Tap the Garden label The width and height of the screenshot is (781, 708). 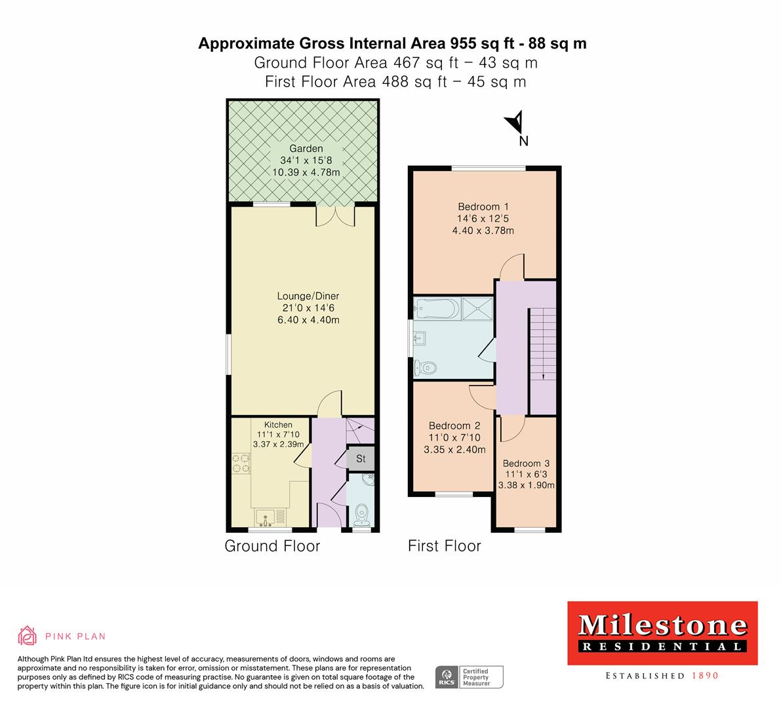click(x=307, y=149)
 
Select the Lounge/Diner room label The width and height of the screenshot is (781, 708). click(x=307, y=296)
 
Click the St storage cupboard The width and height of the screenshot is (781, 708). click(x=361, y=459)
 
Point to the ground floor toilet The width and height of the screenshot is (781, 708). click(x=361, y=513)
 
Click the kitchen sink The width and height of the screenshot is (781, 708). click(x=266, y=517)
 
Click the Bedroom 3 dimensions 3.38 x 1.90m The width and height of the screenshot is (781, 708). click(x=527, y=486)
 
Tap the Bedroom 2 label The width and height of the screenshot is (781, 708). click(x=454, y=425)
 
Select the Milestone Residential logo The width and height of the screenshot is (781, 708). click(x=662, y=633)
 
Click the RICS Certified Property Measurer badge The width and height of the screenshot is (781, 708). click(x=470, y=677)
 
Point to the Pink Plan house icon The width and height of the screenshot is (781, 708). click(x=28, y=636)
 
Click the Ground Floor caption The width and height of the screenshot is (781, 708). click(x=272, y=546)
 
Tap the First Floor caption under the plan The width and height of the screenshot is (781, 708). click(x=444, y=546)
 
